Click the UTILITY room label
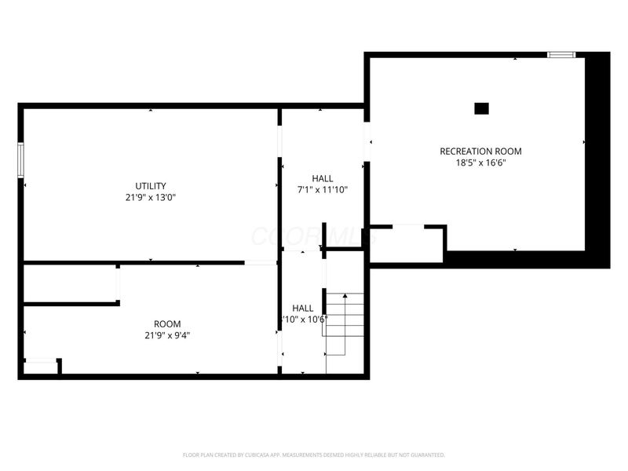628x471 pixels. (151, 186)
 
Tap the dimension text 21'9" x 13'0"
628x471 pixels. (151, 198)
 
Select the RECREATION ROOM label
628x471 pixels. (480, 152)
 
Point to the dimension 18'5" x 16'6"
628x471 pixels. (480, 163)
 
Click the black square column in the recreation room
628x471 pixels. (482, 109)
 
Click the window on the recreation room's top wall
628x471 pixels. (561, 54)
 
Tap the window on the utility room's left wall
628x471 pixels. (22, 159)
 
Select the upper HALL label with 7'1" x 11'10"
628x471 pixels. (322, 178)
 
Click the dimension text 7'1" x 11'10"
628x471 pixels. (322, 190)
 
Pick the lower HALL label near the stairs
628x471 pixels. (303, 309)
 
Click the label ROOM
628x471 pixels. (167, 323)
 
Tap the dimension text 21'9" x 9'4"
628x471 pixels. (167, 335)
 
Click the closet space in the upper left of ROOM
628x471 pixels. (69, 283)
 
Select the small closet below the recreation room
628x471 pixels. (406, 244)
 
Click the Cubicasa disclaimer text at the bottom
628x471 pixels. (314, 455)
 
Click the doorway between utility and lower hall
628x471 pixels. (261, 262)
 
